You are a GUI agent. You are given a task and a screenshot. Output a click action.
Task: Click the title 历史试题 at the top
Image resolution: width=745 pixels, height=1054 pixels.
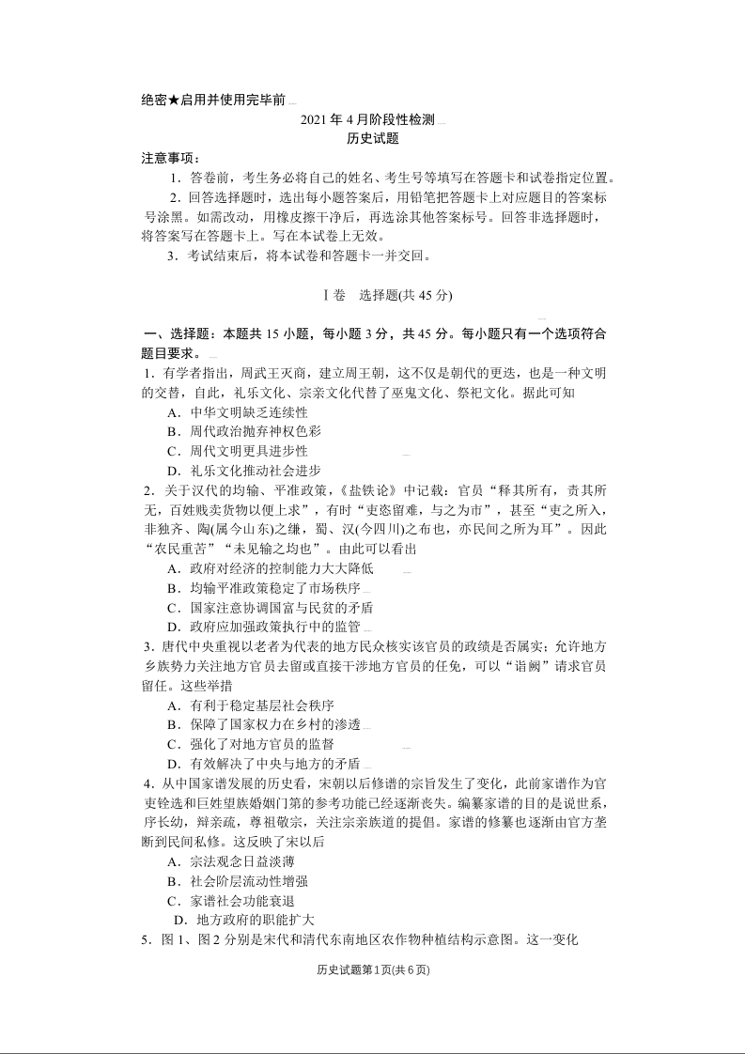[x=373, y=138]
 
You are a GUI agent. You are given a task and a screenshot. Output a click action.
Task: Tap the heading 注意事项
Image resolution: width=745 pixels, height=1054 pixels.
[x=170, y=157]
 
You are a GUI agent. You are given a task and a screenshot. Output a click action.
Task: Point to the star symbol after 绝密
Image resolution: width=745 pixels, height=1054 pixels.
[x=174, y=101]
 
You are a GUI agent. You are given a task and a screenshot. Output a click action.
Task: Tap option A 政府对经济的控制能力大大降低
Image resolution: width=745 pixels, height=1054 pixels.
[x=270, y=568]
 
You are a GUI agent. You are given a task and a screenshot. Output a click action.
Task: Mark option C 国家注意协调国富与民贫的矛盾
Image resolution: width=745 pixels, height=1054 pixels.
[x=270, y=607]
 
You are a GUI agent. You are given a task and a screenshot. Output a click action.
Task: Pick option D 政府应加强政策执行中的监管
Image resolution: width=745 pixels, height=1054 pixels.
[x=263, y=627]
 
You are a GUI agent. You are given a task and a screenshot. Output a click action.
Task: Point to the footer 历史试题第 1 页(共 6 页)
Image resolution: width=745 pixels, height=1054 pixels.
[x=373, y=970]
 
